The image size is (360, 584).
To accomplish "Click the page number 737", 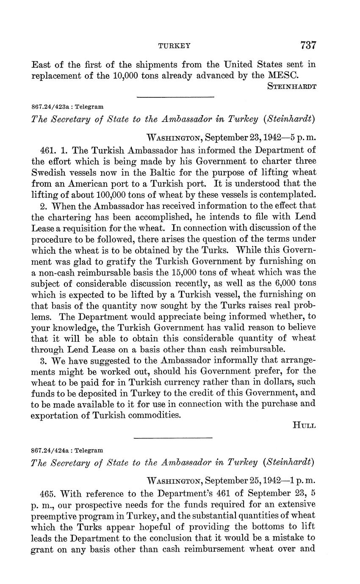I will click(308, 45).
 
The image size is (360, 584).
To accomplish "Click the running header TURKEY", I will click(174, 46).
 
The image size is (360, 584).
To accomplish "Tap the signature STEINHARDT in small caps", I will click(292, 86).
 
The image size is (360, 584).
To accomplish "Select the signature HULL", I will click(304, 426).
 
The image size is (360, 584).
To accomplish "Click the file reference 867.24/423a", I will click(51, 107).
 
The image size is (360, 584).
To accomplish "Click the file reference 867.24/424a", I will click(51, 450).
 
